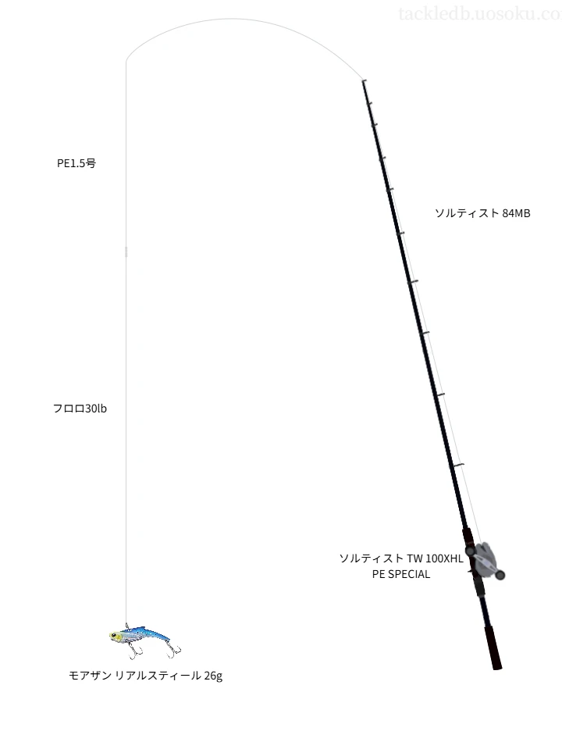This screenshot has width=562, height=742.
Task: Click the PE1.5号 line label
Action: pyautogui.click(x=76, y=163)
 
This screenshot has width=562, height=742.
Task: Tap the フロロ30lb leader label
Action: pyautogui.click(x=80, y=408)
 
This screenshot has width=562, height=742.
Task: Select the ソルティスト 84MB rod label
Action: pyautogui.click(x=482, y=213)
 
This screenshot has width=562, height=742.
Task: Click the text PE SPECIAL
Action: pyautogui.click(x=401, y=574)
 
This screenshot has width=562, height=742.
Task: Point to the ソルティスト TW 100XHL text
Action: pyautogui.click(x=401, y=558)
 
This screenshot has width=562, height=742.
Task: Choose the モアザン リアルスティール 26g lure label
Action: pyautogui.click(x=146, y=676)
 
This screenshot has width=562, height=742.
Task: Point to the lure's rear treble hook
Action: pyautogui.click(x=173, y=651)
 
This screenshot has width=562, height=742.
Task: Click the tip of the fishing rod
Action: pyautogui.click(x=364, y=81)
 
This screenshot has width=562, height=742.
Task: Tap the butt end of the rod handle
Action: pyautogui.click(x=497, y=667)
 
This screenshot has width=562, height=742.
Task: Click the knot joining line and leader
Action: pyautogui.click(x=126, y=251)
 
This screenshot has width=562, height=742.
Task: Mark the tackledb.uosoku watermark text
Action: pyautogui.click(x=480, y=14)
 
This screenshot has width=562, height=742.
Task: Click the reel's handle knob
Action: pyautogui.click(x=500, y=576)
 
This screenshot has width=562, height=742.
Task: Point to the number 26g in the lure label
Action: pyautogui.click(x=213, y=676)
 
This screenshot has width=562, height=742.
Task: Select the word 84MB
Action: pyautogui.click(x=516, y=213)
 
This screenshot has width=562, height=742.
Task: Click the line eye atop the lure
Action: pyautogui.click(x=126, y=626)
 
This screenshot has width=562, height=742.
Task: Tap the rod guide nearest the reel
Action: pyautogui.click(x=457, y=466)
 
